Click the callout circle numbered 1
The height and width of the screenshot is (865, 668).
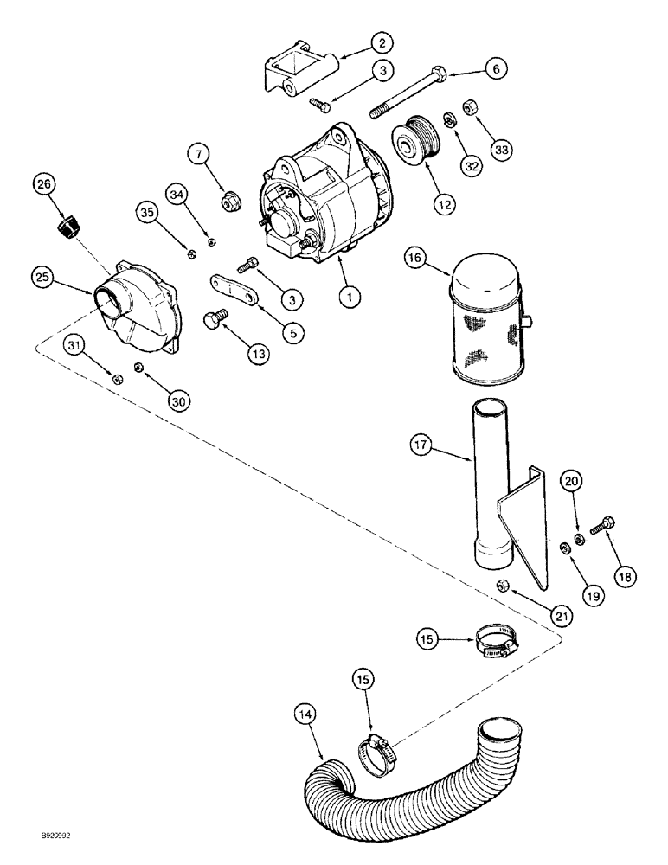point(350,297)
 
